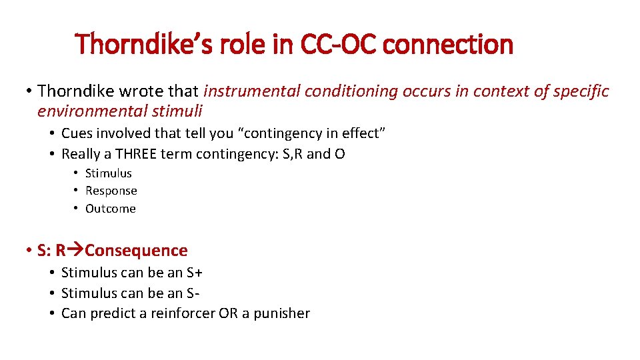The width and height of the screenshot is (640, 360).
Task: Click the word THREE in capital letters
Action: point(138,154)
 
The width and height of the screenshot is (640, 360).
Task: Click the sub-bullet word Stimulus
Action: point(109,173)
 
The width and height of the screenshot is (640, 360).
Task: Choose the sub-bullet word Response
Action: point(111,191)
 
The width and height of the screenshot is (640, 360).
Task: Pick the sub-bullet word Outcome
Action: point(110,209)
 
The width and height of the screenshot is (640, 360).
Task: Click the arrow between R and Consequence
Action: point(75,251)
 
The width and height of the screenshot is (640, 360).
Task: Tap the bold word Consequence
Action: point(137,251)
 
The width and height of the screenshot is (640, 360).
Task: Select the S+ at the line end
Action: point(194,273)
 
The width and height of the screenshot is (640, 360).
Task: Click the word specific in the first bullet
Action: point(581,91)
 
